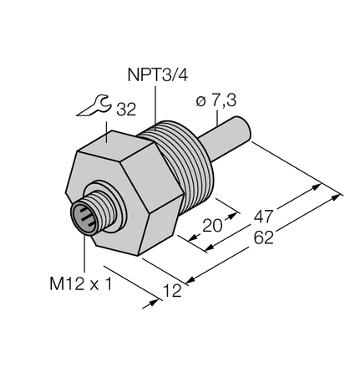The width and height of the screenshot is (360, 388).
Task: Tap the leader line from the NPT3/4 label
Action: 157,104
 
